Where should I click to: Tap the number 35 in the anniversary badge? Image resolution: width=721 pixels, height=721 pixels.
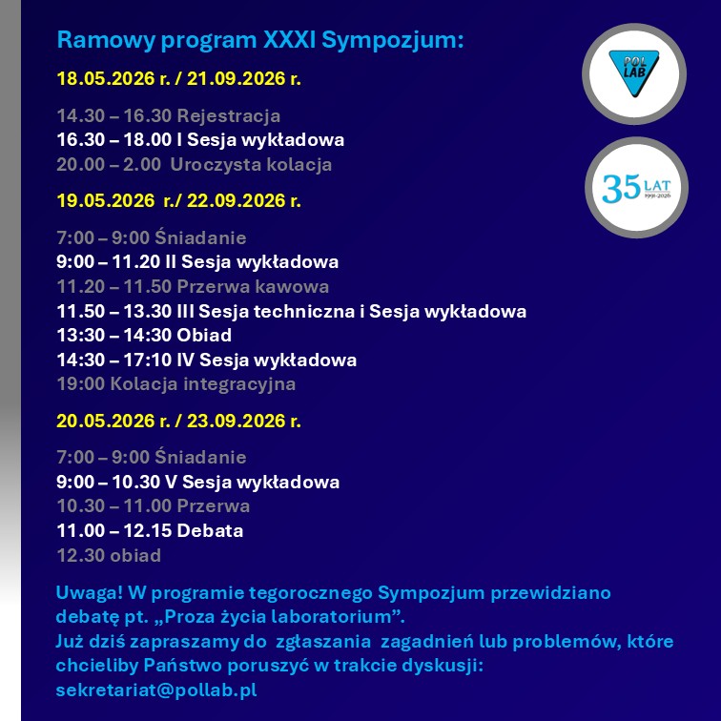coord(621,189)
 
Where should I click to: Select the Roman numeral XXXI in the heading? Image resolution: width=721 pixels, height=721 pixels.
coord(289,39)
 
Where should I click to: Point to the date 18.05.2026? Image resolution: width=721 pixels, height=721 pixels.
coord(106,78)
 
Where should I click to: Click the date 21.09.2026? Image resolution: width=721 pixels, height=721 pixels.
coord(236,78)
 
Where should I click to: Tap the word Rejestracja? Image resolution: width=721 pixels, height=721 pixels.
coord(229,116)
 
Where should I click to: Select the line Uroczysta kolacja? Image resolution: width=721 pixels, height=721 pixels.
coord(251,165)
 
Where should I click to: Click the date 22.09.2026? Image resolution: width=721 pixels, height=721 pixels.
coord(236,200)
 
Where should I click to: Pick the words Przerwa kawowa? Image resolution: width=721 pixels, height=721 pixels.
coord(253,286)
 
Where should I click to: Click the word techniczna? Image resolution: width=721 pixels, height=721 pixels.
coord(304,311)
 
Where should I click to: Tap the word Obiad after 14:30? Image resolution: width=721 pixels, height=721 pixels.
coord(204,335)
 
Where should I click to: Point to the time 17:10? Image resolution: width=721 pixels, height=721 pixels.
coord(148,360)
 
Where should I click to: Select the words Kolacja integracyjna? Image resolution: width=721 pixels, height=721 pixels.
coord(203,384)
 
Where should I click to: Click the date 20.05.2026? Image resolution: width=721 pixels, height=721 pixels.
coord(106,421)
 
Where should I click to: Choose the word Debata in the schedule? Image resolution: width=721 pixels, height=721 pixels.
coord(210,530)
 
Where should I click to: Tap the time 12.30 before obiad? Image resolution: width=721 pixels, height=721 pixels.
coord(80,555)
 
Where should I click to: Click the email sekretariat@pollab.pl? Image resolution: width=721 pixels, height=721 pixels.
coord(156,690)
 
